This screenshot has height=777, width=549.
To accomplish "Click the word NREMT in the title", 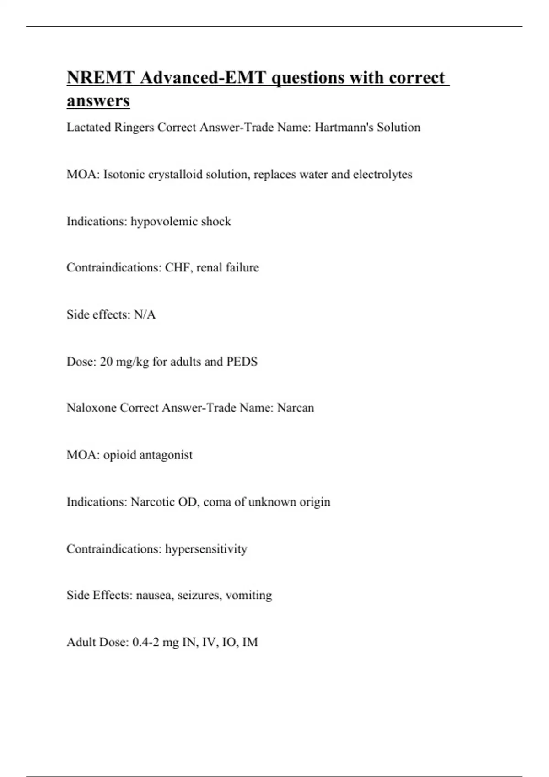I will pyautogui.click(x=101, y=78).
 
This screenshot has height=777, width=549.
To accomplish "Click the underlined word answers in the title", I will pyautogui.click(x=98, y=101).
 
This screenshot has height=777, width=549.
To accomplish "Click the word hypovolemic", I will pyautogui.click(x=159, y=221).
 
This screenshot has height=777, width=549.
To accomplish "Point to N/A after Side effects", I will pyautogui.click(x=145, y=314).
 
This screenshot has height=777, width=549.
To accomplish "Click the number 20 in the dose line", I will pyautogui.click(x=106, y=362).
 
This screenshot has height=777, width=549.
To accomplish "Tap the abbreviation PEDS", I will pyautogui.click(x=242, y=362).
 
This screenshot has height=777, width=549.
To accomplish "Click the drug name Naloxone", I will pyautogui.click(x=91, y=408).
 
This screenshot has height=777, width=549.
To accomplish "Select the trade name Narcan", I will pyautogui.click(x=296, y=408).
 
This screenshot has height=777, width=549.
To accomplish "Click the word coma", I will pyautogui.click(x=217, y=502).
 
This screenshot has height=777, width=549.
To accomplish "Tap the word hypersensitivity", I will pyautogui.click(x=206, y=548).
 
